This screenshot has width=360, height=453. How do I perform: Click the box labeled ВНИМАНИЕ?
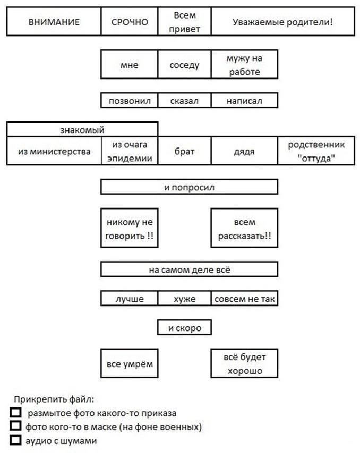coord(54,22)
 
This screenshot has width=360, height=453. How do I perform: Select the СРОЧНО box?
coord(130,22)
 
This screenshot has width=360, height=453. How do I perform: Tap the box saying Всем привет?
coord(184,22)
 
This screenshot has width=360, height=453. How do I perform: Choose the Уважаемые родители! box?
coord(283,22)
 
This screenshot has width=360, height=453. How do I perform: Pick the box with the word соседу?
coord(184,64)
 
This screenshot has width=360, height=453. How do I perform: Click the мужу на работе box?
coord(244,64)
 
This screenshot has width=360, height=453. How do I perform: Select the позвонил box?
coord(130,101)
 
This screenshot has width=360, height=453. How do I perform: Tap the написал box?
coord(244,101)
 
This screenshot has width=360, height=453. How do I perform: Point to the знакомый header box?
coord(82,129)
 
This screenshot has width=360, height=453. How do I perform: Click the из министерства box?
coord(54,151)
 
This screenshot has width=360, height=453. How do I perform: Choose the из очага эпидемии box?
coord(130,151)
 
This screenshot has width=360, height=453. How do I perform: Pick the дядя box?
coord(244,151)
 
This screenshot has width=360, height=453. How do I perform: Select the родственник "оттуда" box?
coord(316,151)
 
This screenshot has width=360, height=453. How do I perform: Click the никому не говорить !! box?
coord(130,228)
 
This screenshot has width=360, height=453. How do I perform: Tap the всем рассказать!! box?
coord(244,228)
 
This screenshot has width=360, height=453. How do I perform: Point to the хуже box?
coord(184,299)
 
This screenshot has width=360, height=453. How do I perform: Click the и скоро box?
coord(184,328)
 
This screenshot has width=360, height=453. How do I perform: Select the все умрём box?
coord(130,363)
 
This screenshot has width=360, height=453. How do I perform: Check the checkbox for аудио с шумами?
coord(15,440)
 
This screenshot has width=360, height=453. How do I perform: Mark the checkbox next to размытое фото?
coord(15,412)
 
